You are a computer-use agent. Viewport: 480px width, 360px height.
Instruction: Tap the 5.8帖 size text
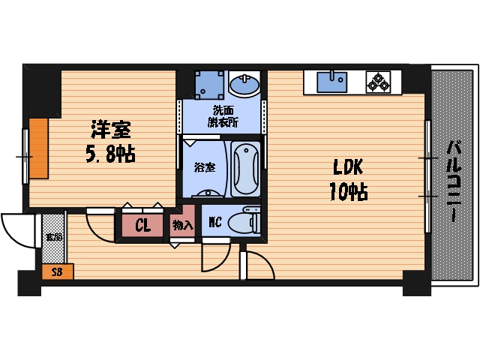pos(109,155)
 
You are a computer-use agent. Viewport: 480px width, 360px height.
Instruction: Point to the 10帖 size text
pos(346,192)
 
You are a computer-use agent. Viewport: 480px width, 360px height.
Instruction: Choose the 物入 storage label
pos(182,225)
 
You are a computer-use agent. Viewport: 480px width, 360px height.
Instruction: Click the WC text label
pos(214,223)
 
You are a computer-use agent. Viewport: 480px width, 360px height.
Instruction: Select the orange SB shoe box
pos(57,272)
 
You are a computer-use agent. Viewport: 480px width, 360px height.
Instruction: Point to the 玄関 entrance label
pos(52,237)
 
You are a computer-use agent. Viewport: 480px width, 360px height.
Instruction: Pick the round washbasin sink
pos(244,85)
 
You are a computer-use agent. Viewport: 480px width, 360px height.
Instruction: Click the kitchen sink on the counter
pos(331,80)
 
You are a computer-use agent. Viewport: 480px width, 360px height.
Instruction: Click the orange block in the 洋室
pos(38,149)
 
